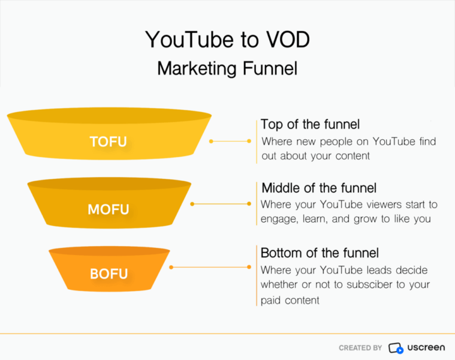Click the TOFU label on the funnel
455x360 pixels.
pyautogui.click(x=109, y=142)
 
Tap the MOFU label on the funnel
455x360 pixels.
pyautogui.click(x=109, y=209)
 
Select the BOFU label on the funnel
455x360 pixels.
pyautogui.click(x=109, y=274)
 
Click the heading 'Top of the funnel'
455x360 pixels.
pyautogui.click(x=310, y=125)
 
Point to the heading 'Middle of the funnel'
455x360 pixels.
pyautogui.click(x=318, y=188)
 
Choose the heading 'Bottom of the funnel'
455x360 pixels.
pyautogui.click(x=320, y=252)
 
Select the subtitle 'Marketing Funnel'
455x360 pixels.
pyautogui.click(x=227, y=68)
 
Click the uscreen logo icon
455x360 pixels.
pyautogui.click(x=396, y=348)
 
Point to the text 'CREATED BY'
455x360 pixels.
pyautogui.click(x=360, y=348)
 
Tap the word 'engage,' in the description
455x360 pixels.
pyautogui.click(x=279, y=219)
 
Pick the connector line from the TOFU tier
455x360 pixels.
pyautogui.click(x=231, y=142)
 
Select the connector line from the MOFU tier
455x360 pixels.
pyautogui.click(x=221, y=204)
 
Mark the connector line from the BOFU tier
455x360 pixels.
pyautogui.click(x=210, y=267)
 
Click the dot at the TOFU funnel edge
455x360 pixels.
pyautogui.click(x=211, y=142)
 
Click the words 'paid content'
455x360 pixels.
pyautogui.click(x=290, y=299)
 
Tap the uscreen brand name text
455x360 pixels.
pyautogui.click(x=426, y=348)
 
